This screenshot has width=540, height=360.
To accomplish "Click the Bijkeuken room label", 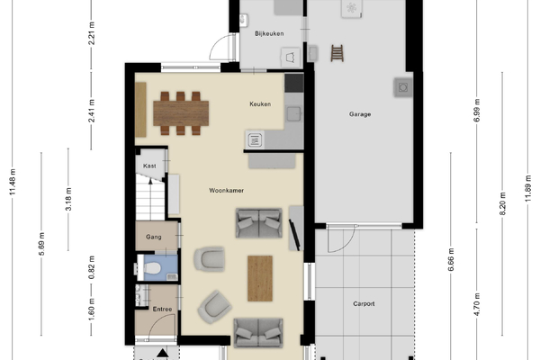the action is point(269,33).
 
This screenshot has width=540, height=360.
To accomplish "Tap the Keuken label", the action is point(260,104).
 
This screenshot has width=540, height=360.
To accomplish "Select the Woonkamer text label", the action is point(226,191).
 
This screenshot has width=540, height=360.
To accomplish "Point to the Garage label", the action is point(360,114).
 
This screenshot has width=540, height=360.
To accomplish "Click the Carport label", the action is point(364,304).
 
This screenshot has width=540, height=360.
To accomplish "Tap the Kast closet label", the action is point(149,166).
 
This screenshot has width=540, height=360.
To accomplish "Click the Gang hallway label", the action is point(154,237).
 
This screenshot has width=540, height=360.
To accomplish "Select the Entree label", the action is point(162,310).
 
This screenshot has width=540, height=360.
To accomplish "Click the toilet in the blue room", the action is point(151,267).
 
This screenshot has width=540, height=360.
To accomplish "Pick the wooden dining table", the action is point(181,113).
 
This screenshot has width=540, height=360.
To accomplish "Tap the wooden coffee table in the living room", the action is point(260,278).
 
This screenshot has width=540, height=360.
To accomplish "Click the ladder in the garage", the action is point(337,53).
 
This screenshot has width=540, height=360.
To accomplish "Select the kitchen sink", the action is point(293,114).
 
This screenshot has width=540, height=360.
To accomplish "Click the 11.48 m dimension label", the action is point(13,182).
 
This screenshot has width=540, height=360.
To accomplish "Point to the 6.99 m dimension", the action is point(477,110).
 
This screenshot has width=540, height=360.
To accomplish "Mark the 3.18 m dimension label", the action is point(68,199).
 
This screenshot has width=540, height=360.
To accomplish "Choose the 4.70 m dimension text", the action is point(477,304).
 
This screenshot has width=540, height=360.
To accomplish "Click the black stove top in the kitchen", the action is point(294,83).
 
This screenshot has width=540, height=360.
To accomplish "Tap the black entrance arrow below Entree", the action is point(163,353).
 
